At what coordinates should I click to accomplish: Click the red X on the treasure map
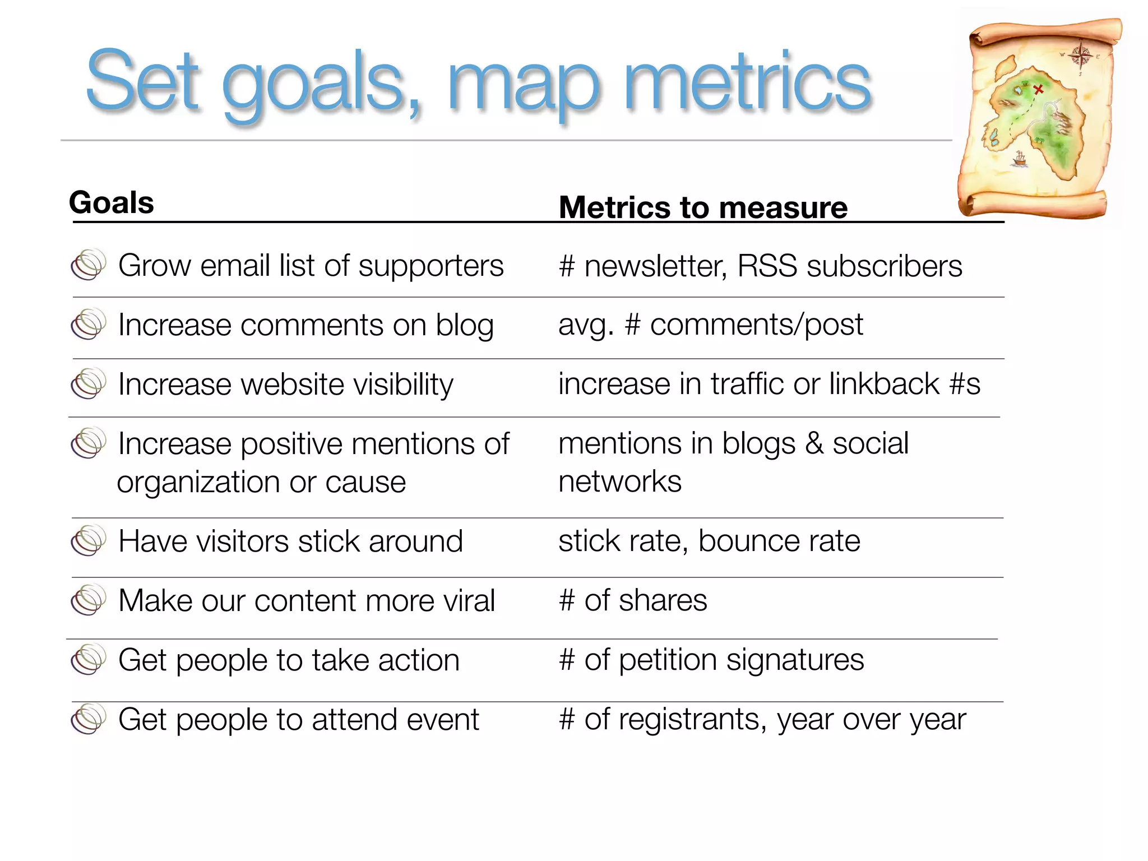1038,89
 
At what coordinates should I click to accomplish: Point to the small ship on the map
1020,159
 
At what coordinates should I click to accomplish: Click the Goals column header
112,202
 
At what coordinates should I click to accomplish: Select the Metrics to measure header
703,207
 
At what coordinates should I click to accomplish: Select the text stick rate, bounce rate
709,541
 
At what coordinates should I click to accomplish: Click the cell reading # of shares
633,600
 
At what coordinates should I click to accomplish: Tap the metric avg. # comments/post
710,325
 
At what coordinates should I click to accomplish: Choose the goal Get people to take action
289,660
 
